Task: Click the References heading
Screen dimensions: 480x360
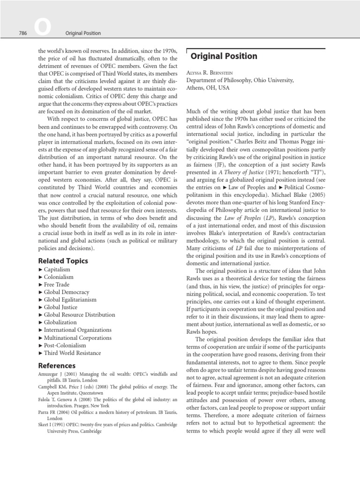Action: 57,365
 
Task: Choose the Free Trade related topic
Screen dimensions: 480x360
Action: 57,285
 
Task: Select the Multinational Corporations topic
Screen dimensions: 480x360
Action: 77,337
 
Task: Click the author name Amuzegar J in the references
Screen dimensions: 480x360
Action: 52,374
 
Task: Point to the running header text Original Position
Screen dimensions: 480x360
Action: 82,33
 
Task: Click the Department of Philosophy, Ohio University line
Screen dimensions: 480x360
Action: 240,80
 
